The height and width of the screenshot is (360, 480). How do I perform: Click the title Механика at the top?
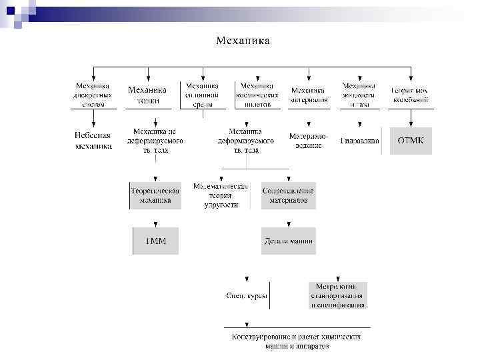pos(243,41)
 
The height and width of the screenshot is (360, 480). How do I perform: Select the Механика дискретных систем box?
pos(93,95)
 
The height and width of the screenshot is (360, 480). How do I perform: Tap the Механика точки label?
pos(148,95)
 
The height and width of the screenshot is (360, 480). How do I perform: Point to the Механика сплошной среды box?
pos(202,95)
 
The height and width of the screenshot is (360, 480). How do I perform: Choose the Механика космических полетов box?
pos(257,95)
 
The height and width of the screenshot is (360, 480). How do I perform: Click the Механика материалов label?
pos(309,95)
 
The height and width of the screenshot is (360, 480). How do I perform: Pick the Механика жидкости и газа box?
pos(359,95)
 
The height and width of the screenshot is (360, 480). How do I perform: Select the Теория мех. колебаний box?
pos(410,95)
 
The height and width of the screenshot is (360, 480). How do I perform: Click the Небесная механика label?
pos(93,140)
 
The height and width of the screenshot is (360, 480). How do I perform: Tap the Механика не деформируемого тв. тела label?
pos(155,140)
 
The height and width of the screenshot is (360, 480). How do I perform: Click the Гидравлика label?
pos(360,141)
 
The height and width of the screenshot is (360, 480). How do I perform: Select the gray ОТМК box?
pos(411,141)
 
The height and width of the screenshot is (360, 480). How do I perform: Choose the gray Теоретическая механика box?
pos(155,195)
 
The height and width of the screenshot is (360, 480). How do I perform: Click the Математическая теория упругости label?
pos(220,195)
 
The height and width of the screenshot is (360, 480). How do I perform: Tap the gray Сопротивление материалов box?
pos(288,195)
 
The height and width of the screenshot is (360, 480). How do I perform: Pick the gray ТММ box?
pos(155,240)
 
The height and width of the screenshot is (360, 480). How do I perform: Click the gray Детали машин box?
pos(288,240)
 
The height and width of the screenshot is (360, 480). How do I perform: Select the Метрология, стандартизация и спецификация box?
pos(337,295)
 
